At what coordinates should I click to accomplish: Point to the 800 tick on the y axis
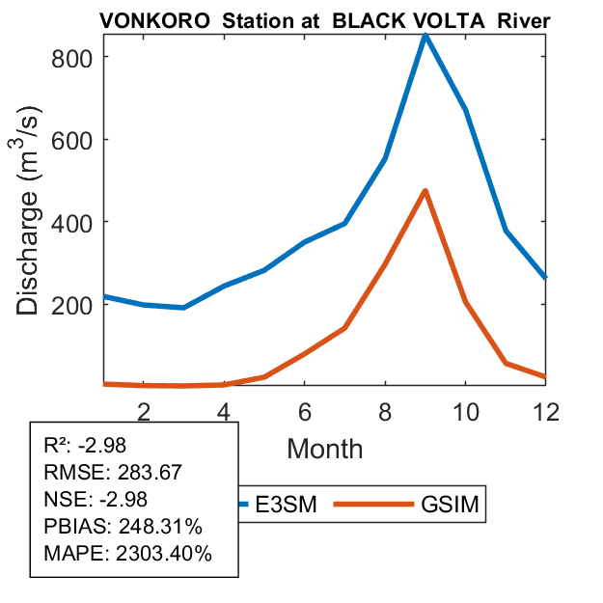coord(72,57)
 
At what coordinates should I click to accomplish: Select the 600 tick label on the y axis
coord(72,140)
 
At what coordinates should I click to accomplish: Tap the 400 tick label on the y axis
coord(72,222)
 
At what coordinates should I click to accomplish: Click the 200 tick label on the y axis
coord(72,305)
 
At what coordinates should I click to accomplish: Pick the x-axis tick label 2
coord(144,411)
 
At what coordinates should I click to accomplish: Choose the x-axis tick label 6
coord(304,411)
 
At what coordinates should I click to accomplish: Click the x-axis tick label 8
coord(385,411)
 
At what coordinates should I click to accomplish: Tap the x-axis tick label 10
coord(465,411)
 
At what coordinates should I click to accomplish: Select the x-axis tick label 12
coord(545,411)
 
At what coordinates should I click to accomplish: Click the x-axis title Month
coord(324,448)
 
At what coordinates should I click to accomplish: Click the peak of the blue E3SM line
coord(425,36)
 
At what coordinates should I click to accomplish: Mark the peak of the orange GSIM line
coord(425,191)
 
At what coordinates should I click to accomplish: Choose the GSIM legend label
coord(451,505)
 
